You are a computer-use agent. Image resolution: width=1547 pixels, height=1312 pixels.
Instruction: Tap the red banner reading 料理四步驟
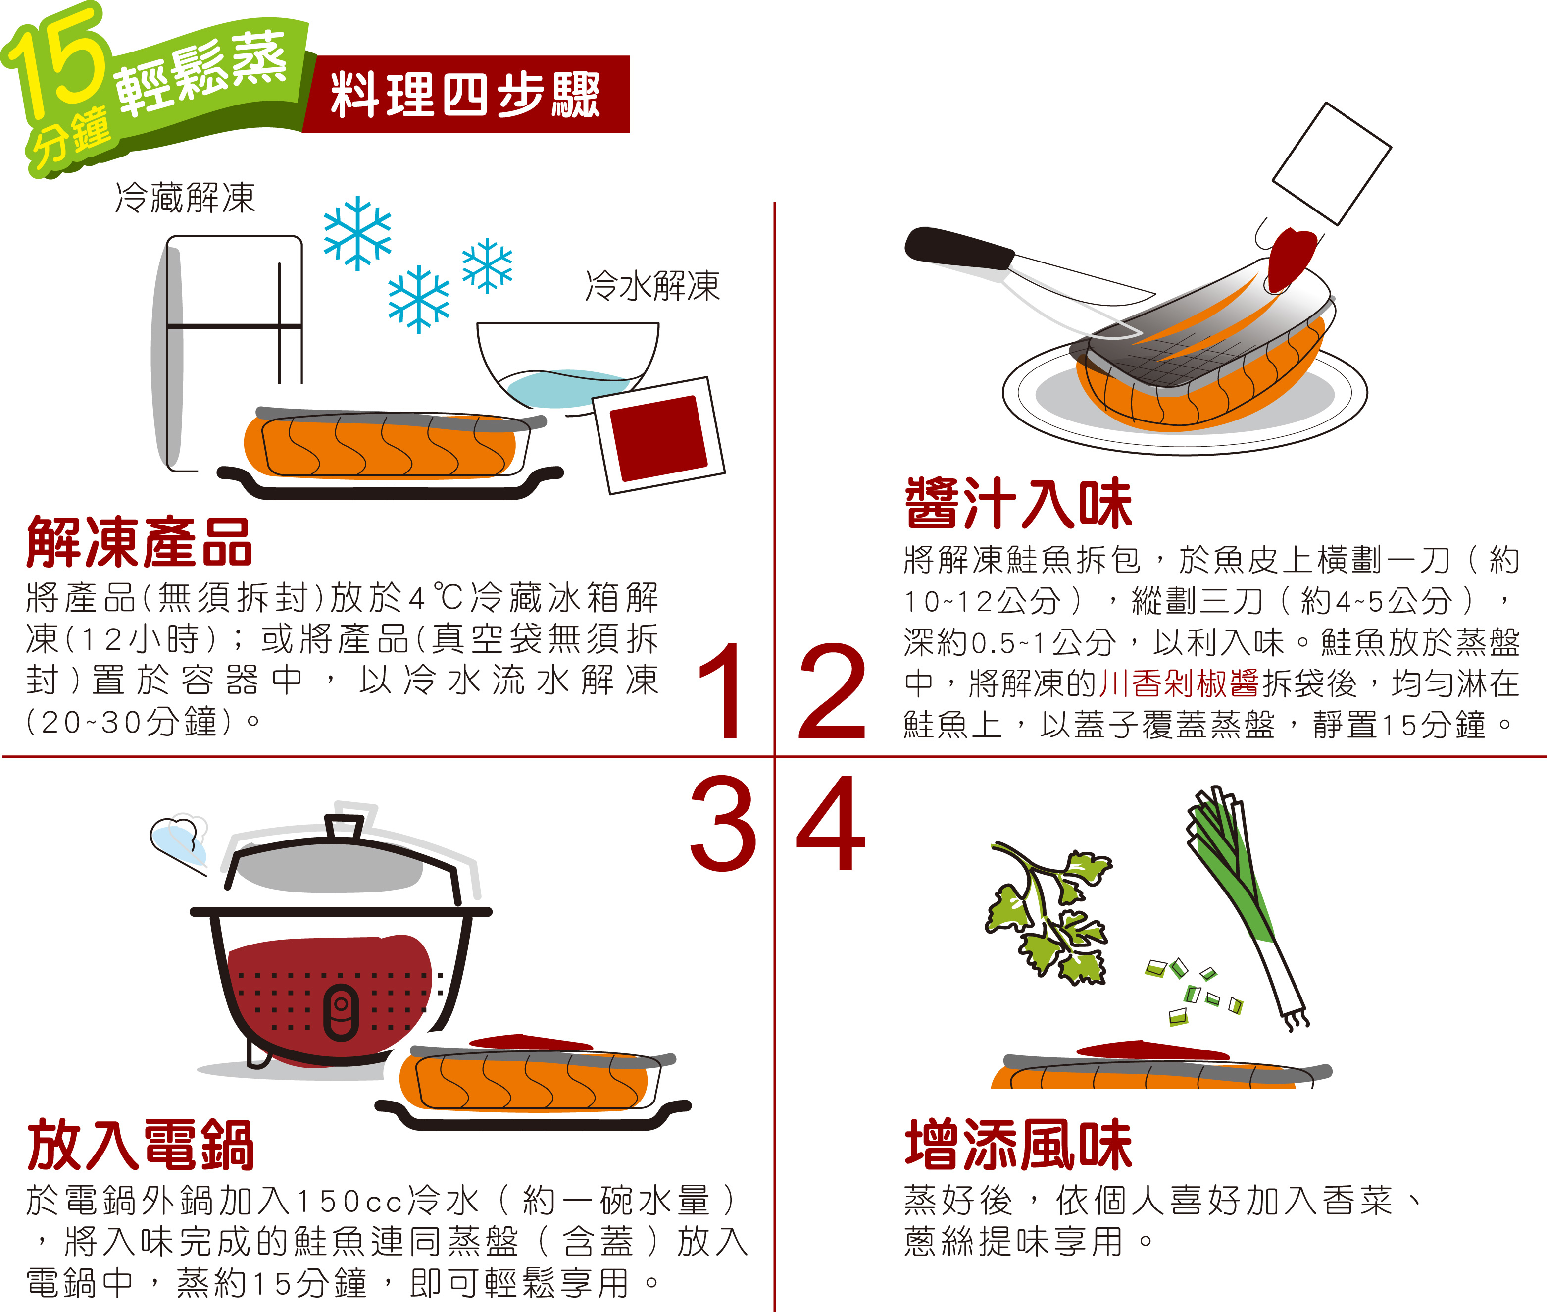pos(466,95)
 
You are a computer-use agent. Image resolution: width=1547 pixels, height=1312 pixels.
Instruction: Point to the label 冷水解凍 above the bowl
pos(652,286)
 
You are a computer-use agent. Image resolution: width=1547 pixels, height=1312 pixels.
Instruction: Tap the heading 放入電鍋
pos(141,1146)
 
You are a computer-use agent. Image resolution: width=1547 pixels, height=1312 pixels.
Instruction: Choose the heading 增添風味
pos(1018,1146)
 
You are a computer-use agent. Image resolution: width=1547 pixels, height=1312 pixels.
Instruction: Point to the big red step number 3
pos(723,823)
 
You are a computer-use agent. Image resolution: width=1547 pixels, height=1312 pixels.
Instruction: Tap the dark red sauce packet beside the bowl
pos(658,435)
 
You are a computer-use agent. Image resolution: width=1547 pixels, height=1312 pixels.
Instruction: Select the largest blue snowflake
pos(357,233)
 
